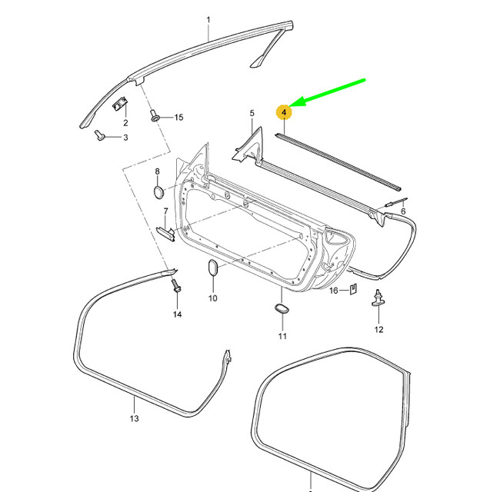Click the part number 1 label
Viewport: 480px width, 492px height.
208,18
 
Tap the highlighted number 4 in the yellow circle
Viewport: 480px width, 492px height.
285,112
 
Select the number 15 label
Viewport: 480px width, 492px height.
178,118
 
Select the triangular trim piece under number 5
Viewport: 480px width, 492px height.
248,146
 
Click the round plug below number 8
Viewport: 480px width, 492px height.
157,191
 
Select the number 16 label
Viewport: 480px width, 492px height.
334,291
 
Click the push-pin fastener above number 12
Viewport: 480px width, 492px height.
378,298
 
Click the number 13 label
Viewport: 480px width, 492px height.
133,419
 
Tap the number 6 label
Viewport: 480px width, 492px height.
402,211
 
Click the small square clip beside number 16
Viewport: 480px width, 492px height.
352,290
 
